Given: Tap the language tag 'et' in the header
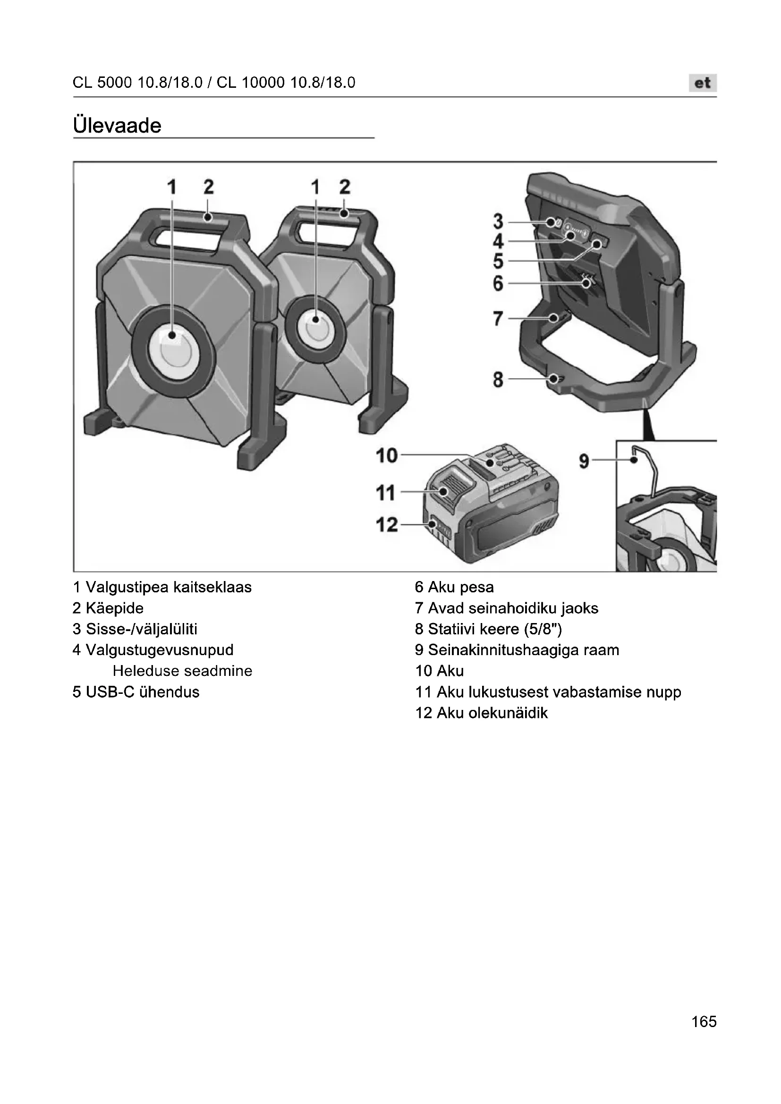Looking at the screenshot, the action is pyautogui.click(x=702, y=83).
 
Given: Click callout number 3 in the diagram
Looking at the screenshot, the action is pyautogui.click(x=498, y=222).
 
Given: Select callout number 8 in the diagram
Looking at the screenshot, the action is pyautogui.click(x=498, y=379).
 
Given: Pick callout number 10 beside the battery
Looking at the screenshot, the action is pyautogui.click(x=387, y=455).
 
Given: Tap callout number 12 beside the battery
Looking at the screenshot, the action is pyautogui.click(x=387, y=524).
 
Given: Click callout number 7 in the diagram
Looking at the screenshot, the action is pyautogui.click(x=498, y=318).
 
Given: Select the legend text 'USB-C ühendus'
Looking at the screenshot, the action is pyautogui.click(x=142, y=692).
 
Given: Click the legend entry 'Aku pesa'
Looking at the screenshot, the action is pyautogui.click(x=460, y=587).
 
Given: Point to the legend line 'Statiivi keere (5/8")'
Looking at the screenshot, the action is pyautogui.click(x=494, y=629).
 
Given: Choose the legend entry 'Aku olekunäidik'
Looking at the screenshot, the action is pyautogui.click(x=492, y=713).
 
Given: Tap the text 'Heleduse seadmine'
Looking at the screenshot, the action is pyautogui.click(x=182, y=671).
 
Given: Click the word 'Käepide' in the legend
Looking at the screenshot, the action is pyautogui.click(x=114, y=608).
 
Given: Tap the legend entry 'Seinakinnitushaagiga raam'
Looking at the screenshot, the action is pyautogui.click(x=523, y=650).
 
